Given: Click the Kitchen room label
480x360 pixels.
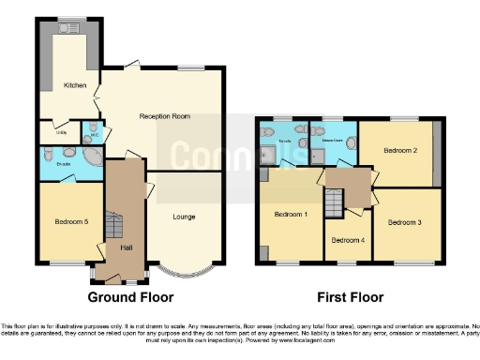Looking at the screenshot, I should coord(75,85).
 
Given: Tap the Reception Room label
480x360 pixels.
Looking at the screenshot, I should coord(164,116).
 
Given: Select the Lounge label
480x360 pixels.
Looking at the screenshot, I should coord(184,217).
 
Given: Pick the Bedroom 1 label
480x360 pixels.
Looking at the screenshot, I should coord(290,215).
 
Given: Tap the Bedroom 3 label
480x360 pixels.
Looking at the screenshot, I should coord(405,222).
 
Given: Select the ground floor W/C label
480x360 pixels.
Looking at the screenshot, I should coord(93,133).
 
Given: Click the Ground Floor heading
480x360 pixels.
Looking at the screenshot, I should coord(130,297).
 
